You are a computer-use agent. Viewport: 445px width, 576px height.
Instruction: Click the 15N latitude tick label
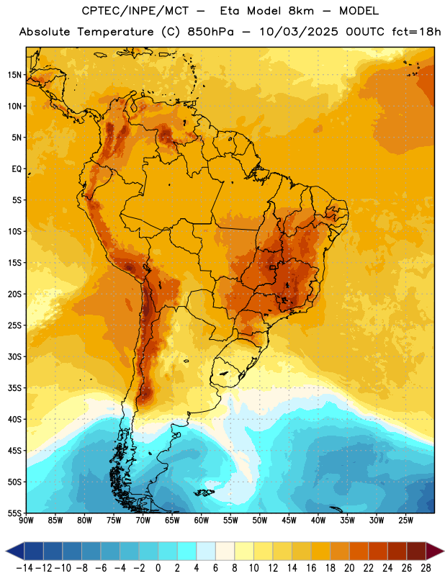(x=14, y=75)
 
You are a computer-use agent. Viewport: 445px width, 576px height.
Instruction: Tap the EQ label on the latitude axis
(x=17, y=169)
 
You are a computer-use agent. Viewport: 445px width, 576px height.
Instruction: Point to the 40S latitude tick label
(x=14, y=420)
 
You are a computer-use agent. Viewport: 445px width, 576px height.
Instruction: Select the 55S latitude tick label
(x=14, y=513)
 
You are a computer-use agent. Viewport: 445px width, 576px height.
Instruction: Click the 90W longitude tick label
(x=26, y=521)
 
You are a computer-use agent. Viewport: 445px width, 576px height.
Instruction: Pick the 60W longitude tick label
(x=202, y=521)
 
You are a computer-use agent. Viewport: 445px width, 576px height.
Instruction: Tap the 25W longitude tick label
(x=405, y=521)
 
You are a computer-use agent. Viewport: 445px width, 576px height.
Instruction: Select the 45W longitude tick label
(x=289, y=521)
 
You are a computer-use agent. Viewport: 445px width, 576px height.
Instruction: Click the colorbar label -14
(x=24, y=568)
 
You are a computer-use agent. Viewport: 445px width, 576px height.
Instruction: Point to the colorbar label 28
(x=426, y=568)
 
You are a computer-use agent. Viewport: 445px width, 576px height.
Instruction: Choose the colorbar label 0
(x=158, y=568)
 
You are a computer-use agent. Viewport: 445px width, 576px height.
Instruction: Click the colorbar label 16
(x=311, y=568)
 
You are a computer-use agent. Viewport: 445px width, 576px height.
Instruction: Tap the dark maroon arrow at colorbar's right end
(x=434, y=551)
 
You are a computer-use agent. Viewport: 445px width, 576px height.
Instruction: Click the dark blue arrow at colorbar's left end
(x=15, y=551)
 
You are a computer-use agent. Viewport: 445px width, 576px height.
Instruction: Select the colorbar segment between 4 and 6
(x=206, y=551)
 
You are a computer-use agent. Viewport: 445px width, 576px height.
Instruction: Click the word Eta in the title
(x=230, y=11)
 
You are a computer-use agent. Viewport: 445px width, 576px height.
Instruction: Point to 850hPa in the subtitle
(x=210, y=32)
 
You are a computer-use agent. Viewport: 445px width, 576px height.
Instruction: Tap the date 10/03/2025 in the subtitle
(x=299, y=32)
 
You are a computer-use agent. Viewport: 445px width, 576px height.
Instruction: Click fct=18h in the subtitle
(x=416, y=32)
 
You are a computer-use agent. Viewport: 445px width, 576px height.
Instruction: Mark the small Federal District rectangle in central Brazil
(x=273, y=267)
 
